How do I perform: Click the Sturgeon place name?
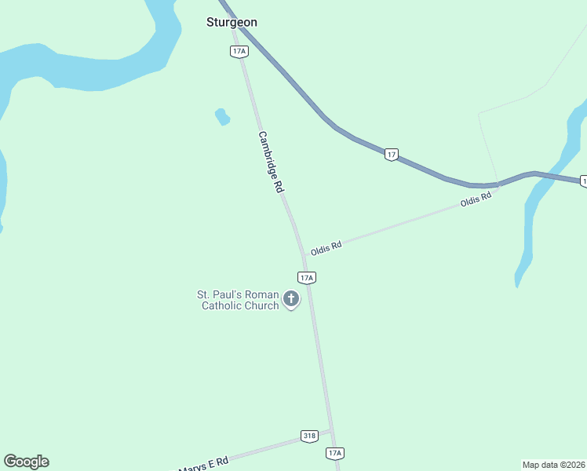(x=232, y=22)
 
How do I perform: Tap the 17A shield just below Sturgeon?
(x=239, y=51)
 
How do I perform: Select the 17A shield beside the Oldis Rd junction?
(x=307, y=277)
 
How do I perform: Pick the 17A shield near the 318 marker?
(x=335, y=453)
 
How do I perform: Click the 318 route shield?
(x=309, y=436)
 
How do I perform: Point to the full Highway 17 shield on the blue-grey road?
(x=392, y=155)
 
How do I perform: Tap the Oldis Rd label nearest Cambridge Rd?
(x=326, y=248)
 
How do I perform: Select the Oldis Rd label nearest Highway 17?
(x=476, y=200)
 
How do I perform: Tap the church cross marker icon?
(x=291, y=298)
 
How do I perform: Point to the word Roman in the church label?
(x=261, y=294)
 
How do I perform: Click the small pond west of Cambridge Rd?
(x=222, y=117)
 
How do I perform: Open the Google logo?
(x=26, y=462)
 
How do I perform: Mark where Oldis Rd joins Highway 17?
(x=498, y=187)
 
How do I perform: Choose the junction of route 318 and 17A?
(x=331, y=430)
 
